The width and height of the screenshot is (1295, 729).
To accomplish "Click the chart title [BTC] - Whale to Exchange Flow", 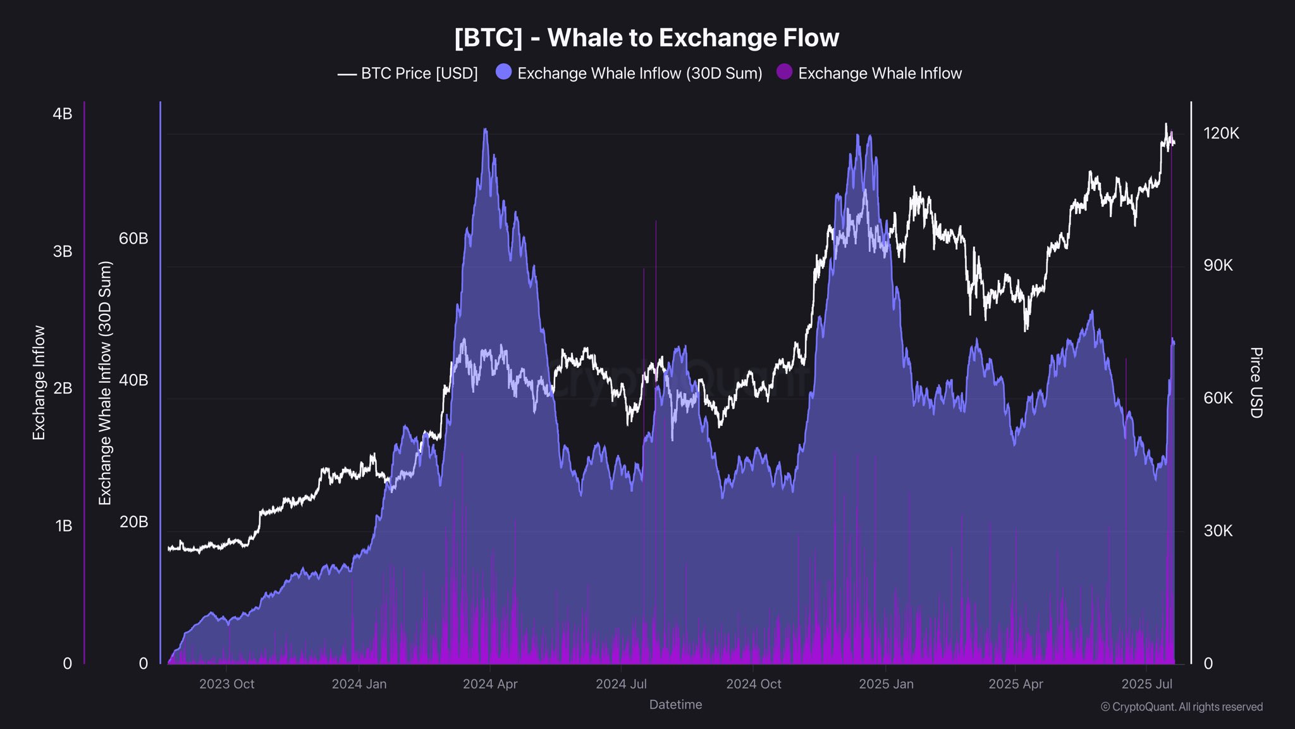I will [x=646, y=38].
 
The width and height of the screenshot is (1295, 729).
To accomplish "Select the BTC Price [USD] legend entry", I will [x=408, y=73].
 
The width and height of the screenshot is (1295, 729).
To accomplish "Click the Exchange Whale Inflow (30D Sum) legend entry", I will [x=629, y=73].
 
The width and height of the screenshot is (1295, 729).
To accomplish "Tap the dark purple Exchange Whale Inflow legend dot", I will [x=784, y=72].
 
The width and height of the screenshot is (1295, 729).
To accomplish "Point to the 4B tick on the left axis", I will [x=62, y=114].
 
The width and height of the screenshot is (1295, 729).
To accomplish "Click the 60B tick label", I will [x=133, y=239].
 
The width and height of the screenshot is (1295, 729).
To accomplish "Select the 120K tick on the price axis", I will [x=1221, y=133].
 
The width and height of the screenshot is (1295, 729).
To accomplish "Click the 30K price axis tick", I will [x=1218, y=530].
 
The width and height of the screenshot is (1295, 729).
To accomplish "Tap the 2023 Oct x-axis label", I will [x=226, y=684].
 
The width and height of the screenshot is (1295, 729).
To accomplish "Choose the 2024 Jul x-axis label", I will [x=621, y=684].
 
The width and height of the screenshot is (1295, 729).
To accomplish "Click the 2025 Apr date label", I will [x=1016, y=684].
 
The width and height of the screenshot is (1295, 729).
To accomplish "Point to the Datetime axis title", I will [x=675, y=704].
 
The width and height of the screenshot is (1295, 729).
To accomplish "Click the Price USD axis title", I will [x=1256, y=382].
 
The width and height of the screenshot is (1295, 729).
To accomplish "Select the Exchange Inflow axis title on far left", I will [x=39, y=382].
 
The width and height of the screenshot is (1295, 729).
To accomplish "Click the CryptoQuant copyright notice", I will [x=1181, y=707].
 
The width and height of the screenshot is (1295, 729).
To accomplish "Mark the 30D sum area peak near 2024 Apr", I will [x=485, y=130].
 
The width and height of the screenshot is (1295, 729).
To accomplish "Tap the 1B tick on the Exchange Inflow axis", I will [x=63, y=526].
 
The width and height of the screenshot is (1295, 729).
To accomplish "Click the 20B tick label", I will [x=133, y=522].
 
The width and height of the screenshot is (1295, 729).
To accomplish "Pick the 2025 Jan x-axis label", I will [x=886, y=684].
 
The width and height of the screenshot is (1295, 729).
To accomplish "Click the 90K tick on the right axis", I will [x=1218, y=265].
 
